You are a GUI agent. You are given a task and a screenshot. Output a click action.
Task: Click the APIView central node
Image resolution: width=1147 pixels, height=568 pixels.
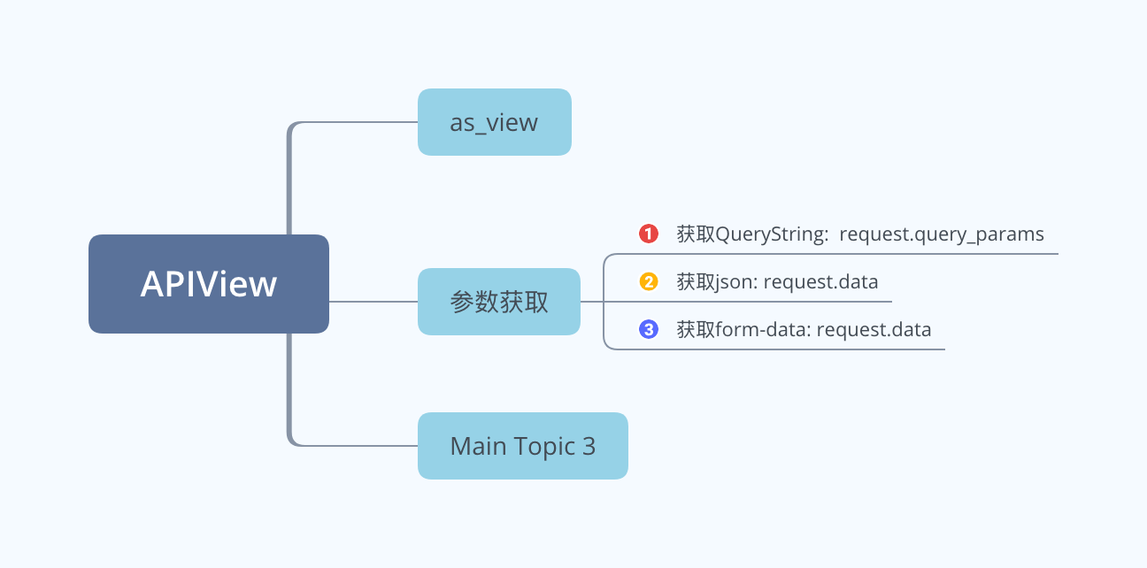click(x=208, y=284)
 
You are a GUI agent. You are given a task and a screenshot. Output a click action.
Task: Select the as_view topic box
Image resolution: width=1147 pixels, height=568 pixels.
click(x=495, y=122)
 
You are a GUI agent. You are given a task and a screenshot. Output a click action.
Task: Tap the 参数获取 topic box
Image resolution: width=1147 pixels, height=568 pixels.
click(x=499, y=302)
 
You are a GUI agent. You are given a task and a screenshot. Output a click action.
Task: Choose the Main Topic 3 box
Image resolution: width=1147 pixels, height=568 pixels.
click(x=523, y=446)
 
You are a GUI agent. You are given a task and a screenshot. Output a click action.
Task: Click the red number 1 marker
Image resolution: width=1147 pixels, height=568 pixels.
click(x=648, y=234)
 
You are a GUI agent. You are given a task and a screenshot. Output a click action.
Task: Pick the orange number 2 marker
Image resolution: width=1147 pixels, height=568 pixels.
click(x=648, y=281)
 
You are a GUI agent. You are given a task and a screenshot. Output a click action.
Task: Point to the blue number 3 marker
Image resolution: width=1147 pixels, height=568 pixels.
click(x=648, y=329)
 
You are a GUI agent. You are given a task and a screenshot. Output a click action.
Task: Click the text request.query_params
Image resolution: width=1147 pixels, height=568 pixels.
click(x=942, y=234)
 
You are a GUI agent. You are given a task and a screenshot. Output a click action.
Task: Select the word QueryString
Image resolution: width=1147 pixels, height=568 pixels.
click(x=772, y=234)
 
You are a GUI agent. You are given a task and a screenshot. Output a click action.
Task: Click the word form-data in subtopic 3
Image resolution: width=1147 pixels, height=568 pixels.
click(x=763, y=330)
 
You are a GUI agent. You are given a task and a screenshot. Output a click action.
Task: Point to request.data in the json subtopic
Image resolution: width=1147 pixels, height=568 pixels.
click(x=820, y=282)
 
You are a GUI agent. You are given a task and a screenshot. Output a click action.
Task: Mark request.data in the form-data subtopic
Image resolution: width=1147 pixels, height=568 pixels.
click(x=874, y=330)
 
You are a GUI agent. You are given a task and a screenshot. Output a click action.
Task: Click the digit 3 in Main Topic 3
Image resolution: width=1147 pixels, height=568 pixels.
click(x=589, y=446)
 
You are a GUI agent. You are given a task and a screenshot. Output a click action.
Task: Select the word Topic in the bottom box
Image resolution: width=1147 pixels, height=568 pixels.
click(x=544, y=448)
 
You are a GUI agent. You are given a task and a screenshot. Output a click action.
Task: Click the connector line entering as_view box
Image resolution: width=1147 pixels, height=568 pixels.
click(x=353, y=122)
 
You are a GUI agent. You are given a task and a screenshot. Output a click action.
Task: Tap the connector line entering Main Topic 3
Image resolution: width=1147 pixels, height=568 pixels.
click(x=353, y=446)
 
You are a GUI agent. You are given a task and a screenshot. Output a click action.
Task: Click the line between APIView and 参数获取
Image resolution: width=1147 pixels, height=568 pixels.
click(x=373, y=302)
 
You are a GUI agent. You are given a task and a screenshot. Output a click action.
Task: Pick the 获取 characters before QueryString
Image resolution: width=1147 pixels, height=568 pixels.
click(x=696, y=234)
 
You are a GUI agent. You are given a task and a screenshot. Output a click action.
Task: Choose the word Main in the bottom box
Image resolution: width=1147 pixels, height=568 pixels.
click(x=479, y=446)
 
